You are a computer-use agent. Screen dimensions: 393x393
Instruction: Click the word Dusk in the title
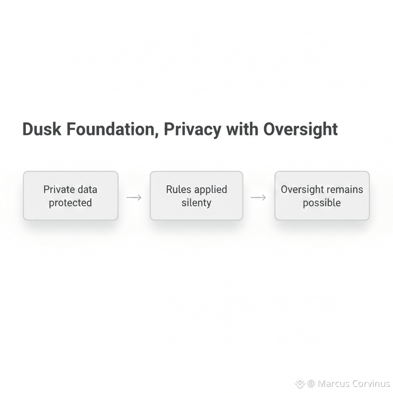[41, 129]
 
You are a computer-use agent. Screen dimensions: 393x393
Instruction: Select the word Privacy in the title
[192, 130]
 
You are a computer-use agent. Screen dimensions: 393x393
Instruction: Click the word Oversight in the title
[301, 130]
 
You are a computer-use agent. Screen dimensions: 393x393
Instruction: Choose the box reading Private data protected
[71, 196]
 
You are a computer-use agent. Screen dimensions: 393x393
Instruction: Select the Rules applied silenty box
[196, 196]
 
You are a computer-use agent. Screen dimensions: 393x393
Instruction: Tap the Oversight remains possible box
[322, 196]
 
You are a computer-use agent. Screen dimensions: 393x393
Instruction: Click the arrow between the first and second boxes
[134, 197]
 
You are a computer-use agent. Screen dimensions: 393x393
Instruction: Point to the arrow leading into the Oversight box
[258, 197]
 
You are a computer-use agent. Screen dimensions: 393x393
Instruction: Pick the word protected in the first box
[70, 203]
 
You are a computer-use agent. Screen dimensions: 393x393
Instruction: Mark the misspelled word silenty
[196, 203]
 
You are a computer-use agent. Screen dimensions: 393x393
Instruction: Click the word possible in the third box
[322, 203]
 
